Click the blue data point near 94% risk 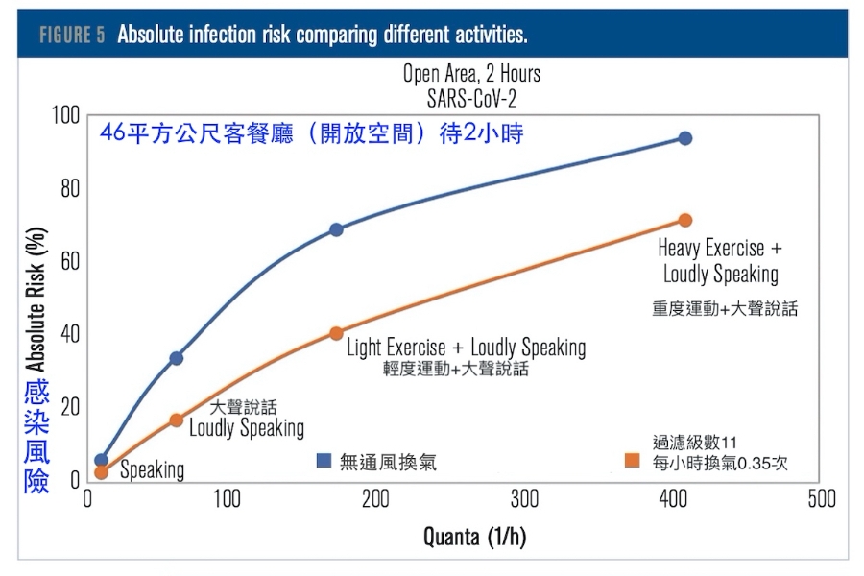[685, 138]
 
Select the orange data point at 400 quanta [685, 221]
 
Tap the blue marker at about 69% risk [336, 229]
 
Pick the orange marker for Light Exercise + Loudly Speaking [336, 333]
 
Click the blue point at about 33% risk [177, 358]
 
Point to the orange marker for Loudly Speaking [177, 420]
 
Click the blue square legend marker [324, 462]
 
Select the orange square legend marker [633, 461]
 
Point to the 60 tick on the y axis [68, 261]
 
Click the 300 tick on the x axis [524, 499]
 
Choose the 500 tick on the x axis [821, 499]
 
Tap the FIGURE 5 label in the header [72, 36]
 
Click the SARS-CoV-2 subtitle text [471, 97]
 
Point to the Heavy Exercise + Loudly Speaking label [720, 261]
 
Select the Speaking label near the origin [152, 470]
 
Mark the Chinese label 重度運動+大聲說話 [725, 309]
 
